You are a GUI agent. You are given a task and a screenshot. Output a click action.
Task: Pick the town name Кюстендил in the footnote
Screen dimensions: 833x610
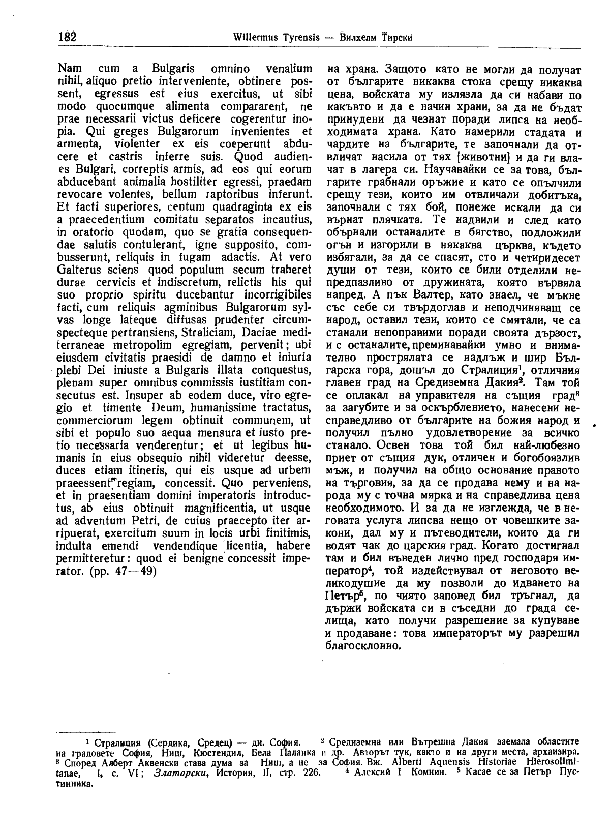tap(223, 752)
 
